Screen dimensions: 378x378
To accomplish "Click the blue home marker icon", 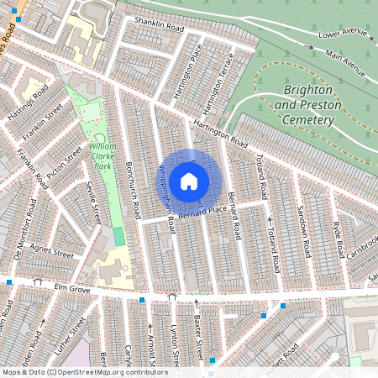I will tap(189, 181).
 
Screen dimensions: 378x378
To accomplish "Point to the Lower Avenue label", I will tap(344, 34).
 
